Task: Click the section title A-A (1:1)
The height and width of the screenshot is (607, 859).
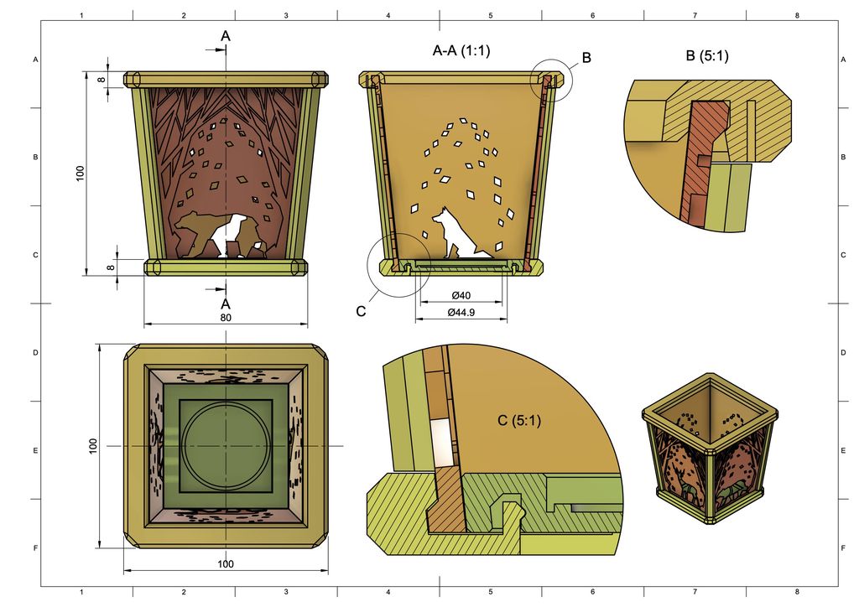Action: [x=461, y=51]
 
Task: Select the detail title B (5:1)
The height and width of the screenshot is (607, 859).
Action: [x=707, y=56]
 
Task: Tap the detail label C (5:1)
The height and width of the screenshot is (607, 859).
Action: [x=518, y=420]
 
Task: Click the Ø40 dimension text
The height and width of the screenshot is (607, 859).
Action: [x=461, y=296]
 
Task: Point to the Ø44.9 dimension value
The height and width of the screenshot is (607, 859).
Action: [x=461, y=313]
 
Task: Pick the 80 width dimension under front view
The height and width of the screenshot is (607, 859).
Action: [x=226, y=318]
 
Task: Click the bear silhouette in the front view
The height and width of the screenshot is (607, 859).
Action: [x=221, y=235]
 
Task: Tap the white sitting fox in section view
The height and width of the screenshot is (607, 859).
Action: [x=459, y=233]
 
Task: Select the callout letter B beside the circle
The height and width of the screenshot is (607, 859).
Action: [x=586, y=58]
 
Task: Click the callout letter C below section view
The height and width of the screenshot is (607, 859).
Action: [x=361, y=311]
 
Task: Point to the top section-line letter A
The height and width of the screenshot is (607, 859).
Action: [x=225, y=36]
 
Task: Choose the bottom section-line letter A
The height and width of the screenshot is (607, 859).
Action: [x=225, y=303]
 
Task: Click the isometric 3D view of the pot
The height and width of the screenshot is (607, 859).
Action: [x=711, y=449]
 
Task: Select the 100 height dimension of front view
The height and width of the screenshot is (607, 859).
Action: [x=81, y=173]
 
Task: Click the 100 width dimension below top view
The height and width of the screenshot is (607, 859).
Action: [x=226, y=563]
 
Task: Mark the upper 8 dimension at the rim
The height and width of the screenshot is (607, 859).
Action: [x=102, y=80]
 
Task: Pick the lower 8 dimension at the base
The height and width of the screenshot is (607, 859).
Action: [x=110, y=267]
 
